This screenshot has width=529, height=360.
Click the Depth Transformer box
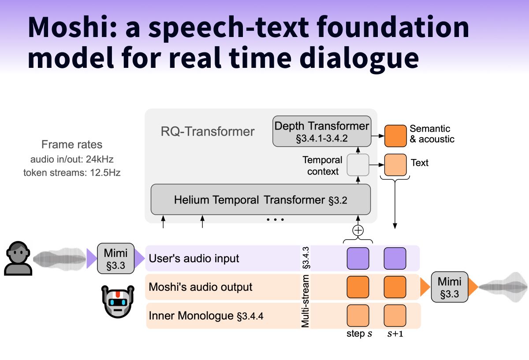(x=321, y=131)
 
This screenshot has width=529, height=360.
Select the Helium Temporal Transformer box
(x=261, y=200)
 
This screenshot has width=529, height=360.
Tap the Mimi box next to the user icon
(x=115, y=258)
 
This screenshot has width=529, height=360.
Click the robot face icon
(x=117, y=301)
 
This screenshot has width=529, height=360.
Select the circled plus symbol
(x=358, y=230)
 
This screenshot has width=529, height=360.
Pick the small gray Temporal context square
(x=358, y=165)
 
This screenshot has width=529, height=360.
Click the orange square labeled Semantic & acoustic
(x=395, y=136)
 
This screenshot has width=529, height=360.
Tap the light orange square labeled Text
(x=395, y=165)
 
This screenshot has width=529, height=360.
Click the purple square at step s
(x=358, y=258)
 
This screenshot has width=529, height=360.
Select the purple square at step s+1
(x=395, y=258)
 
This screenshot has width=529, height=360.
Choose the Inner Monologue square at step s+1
(x=395, y=315)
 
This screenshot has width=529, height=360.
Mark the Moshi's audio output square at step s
(x=358, y=287)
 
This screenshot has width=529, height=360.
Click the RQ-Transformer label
(x=208, y=131)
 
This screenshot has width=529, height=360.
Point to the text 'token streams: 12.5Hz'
(x=72, y=173)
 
